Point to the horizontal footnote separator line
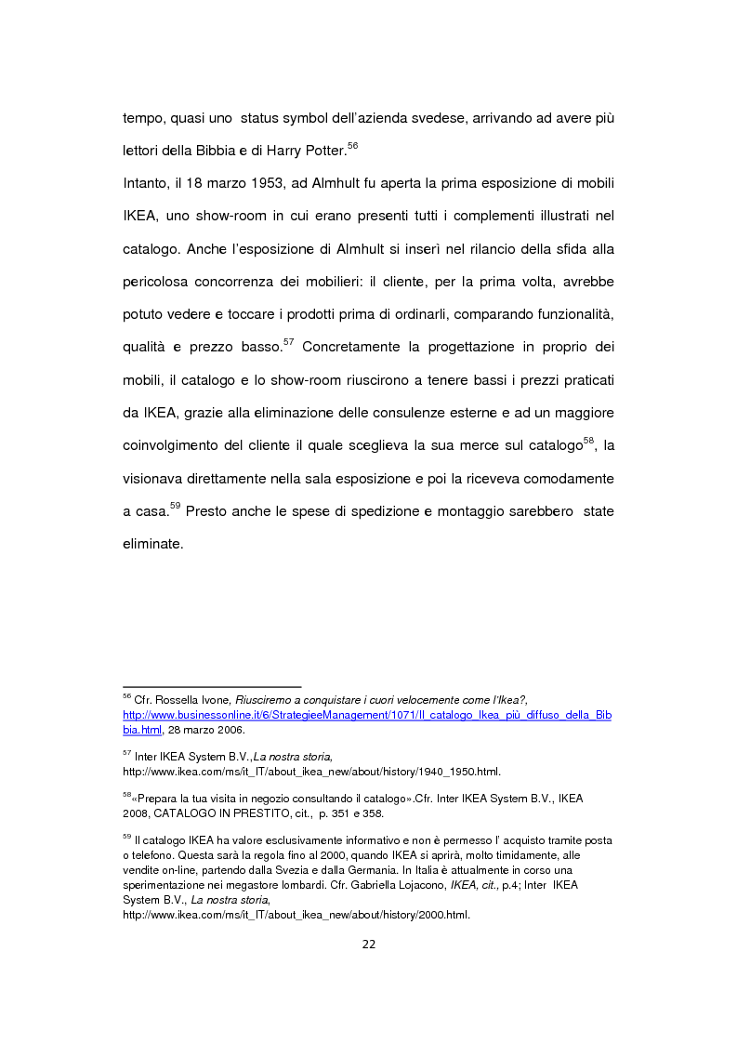[x=212, y=687]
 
